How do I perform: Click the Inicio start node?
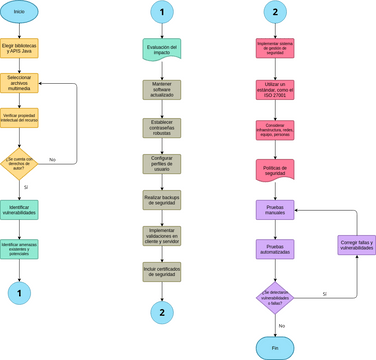point(19,12)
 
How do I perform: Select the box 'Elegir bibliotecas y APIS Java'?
point(19,48)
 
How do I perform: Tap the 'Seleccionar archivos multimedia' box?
point(19,83)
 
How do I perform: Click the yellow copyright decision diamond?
point(19,160)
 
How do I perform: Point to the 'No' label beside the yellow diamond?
point(52,160)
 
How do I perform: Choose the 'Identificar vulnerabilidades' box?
point(19,210)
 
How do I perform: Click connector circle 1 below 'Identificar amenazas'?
point(19,292)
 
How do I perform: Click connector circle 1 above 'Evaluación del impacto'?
point(162,12)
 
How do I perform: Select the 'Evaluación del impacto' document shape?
point(162,49)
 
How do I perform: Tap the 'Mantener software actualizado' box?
point(162,90)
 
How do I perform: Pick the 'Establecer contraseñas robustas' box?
point(162,127)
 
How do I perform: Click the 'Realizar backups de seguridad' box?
point(162,200)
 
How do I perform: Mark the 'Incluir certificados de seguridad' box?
point(162,271)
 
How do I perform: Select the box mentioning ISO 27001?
point(275,90)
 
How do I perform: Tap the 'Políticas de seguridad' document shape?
point(275,170)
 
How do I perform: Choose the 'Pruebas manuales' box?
point(275,211)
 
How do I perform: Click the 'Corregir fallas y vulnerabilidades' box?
point(356,245)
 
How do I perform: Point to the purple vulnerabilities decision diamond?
point(275,298)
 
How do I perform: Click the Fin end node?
point(275,347)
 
